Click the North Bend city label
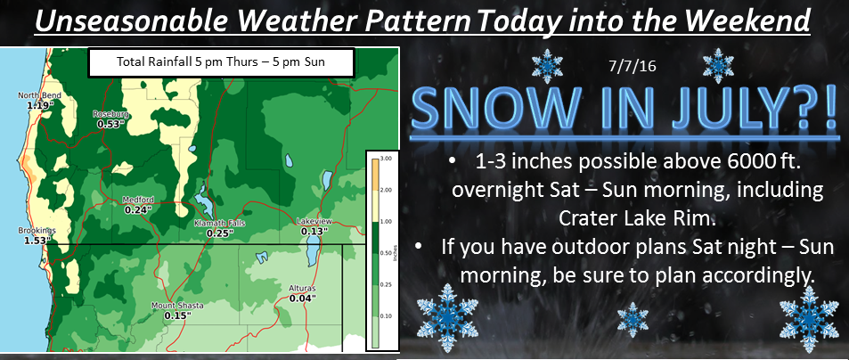[39, 96]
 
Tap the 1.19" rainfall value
[40, 104]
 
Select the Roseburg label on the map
[110, 114]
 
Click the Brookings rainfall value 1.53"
[37, 240]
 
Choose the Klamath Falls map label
[219, 223]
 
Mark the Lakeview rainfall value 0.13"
[314, 232]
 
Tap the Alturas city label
[302, 289]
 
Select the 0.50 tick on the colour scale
[387, 253]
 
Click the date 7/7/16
[632, 68]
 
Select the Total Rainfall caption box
[221, 62]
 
